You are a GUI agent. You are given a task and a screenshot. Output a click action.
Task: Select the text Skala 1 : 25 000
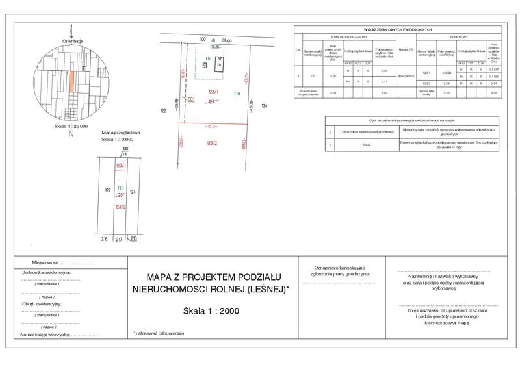pyautogui.click(x=71, y=126)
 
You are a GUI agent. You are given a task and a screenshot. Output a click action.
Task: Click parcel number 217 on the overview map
pyautogui.click(x=119, y=240)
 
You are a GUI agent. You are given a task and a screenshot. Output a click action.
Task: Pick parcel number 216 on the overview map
pyautogui.click(x=103, y=240)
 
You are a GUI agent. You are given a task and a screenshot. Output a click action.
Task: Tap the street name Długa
pyautogui.click(x=227, y=40)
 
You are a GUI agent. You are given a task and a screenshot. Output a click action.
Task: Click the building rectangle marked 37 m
pyautogui.click(x=220, y=64)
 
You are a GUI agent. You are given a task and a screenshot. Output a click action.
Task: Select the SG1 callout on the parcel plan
pyautogui.click(x=191, y=99)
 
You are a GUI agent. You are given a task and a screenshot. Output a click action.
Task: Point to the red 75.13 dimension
pyautogui.click(x=212, y=125)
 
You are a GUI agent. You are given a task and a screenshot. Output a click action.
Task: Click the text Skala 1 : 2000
pyautogui.click(x=211, y=310)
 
